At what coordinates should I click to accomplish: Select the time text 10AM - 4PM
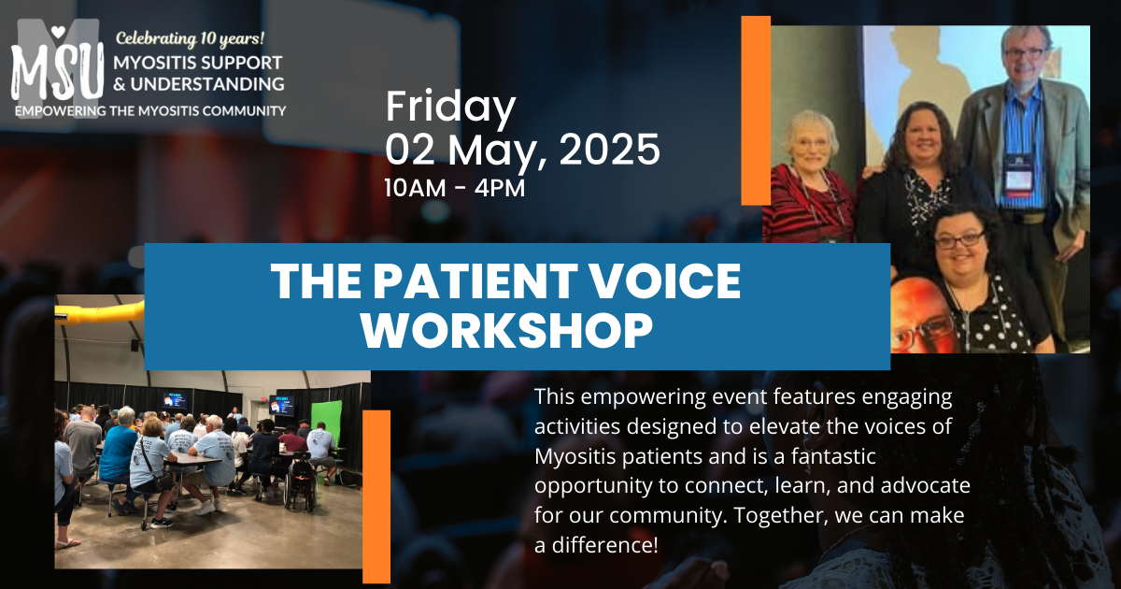click(455, 188)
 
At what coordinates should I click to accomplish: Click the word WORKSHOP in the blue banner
click(507, 331)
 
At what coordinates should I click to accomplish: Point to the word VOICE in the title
click(664, 281)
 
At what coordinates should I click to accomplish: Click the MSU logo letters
click(58, 70)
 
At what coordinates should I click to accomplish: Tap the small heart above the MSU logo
click(58, 32)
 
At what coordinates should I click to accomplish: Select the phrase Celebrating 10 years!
click(191, 38)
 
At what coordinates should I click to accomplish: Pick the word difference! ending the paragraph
click(605, 545)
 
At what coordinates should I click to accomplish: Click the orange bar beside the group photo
click(756, 110)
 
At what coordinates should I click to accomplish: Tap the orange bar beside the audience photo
click(376, 496)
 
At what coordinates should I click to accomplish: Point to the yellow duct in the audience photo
click(99, 312)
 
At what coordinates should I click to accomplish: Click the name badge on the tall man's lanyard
click(1018, 179)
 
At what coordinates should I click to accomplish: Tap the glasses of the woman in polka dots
click(960, 240)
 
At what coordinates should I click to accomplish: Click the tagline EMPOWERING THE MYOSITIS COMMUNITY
click(150, 110)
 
